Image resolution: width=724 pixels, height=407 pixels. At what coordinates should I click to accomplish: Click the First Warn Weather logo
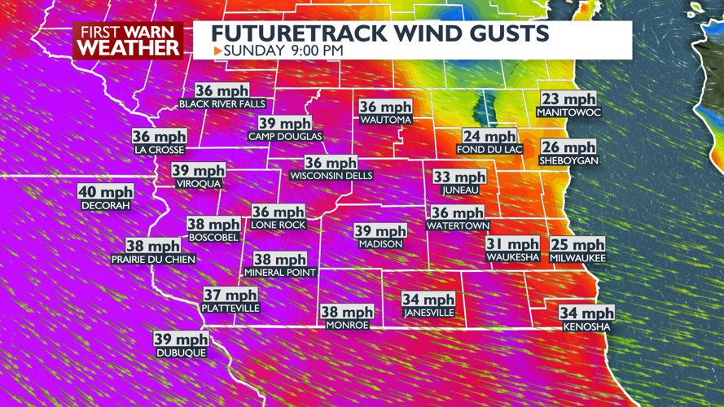[x=128, y=40]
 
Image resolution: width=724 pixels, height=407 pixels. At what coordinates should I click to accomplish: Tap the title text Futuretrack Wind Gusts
[x=380, y=33]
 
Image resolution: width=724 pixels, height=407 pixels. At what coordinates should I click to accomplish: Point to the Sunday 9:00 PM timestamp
[x=283, y=50]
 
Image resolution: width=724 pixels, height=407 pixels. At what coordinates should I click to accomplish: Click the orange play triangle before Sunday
[x=217, y=50]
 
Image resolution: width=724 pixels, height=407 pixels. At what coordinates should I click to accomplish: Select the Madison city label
[x=380, y=244]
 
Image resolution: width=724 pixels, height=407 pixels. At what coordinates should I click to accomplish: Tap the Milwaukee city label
[x=577, y=258]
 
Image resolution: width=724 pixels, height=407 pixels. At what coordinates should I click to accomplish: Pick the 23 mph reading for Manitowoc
[x=568, y=98]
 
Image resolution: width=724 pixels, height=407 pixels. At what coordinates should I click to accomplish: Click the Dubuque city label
[x=181, y=352]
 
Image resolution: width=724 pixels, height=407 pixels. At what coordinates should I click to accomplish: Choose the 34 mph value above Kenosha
[x=586, y=313]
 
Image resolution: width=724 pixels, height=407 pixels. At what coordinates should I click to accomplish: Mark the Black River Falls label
[x=222, y=104]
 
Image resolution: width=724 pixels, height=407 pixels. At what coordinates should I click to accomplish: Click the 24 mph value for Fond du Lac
[x=489, y=136]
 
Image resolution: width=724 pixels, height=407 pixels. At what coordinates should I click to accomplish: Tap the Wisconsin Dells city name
[x=331, y=176]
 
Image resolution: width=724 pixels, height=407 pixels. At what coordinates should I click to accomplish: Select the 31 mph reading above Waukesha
[x=512, y=243]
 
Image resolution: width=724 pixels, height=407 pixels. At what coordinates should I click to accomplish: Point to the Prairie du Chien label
[x=153, y=260]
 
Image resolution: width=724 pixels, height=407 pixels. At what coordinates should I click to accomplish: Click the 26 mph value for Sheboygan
[x=568, y=147]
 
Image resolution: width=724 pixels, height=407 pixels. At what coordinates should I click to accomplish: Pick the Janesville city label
[x=428, y=313]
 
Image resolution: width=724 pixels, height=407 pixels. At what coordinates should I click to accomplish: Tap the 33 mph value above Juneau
[x=459, y=177]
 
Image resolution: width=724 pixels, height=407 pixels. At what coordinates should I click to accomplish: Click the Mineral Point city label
[x=280, y=273]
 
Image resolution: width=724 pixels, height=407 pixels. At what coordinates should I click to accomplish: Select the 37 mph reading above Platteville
[x=230, y=295]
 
